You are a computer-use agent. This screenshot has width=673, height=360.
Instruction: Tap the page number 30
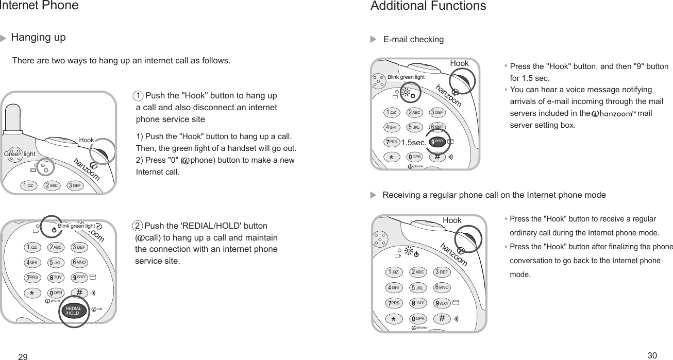(x=652, y=355)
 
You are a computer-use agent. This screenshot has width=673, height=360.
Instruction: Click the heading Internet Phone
(x=39, y=6)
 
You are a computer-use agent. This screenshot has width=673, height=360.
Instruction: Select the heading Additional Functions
(x=428, y=6)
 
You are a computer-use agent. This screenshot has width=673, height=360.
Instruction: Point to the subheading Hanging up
(x=38, y=38)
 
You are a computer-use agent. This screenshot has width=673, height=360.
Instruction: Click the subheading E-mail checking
(x=413, y=40)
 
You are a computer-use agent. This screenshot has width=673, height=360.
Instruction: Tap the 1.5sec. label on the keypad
(x=414, y=143)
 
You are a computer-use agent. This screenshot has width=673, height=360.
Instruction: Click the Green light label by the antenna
(x=20, y=154)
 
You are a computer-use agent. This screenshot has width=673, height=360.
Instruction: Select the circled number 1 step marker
(x=138, y=96)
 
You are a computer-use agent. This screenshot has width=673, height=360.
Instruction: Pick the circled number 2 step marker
(x=138, y=226)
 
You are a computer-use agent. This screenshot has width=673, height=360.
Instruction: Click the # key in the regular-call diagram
(x=442, y=318)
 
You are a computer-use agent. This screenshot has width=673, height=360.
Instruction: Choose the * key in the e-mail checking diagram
(x=391, y=157)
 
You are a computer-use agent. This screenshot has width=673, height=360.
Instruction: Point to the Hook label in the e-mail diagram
(x=459, y=63)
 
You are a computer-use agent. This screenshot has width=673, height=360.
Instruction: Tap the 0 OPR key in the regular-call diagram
(x=417, y=318)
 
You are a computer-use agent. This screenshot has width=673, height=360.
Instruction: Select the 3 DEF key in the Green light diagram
(x=75, y=185)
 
